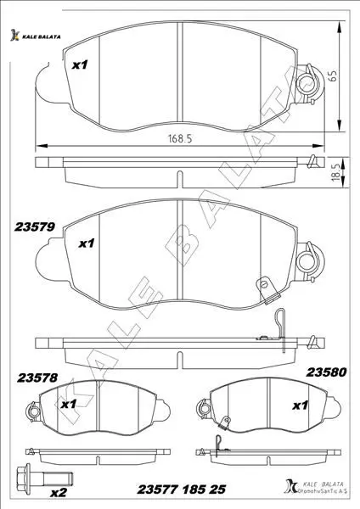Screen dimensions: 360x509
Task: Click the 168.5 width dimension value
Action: (180, 138)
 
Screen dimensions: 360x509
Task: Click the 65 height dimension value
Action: (333, 76)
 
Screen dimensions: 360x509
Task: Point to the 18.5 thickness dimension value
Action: (336, 172)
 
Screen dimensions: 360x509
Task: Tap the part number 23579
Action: (35, 227)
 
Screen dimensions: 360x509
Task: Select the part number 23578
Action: (37, 378)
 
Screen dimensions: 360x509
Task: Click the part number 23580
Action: (327, 372)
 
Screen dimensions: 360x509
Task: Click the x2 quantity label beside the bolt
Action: (59, 493)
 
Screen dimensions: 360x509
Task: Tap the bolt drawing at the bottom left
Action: (45, 478)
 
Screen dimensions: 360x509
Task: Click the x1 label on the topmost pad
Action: (80, 65)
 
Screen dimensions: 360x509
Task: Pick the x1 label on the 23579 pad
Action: (87, 243)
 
